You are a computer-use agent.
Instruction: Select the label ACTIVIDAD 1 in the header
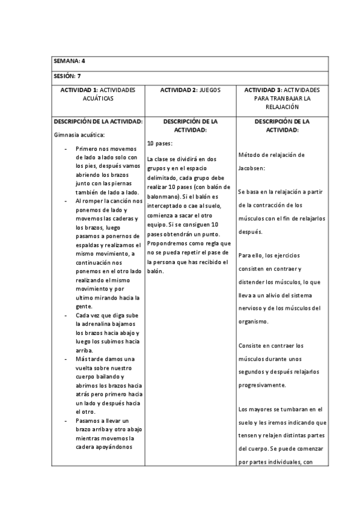(79, 90)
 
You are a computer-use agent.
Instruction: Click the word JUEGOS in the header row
(210, 90)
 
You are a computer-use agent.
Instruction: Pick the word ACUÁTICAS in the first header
(98, 97)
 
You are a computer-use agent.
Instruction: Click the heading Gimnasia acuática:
(79, 135)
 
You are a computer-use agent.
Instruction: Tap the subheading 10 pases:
(159, 144)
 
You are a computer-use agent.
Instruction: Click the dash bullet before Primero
(65, 148)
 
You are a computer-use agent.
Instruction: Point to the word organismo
(254, 321)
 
